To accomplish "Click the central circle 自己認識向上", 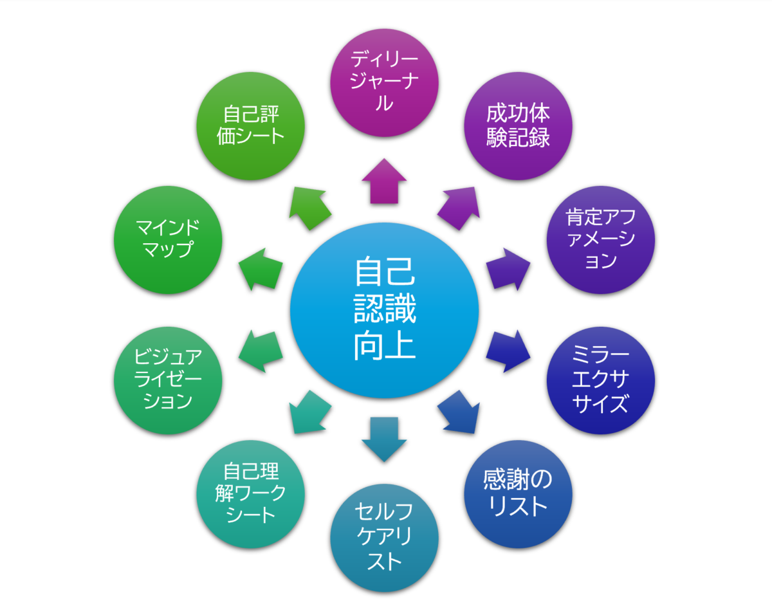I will tap(384, 311).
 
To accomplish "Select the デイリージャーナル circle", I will tap(384, 82).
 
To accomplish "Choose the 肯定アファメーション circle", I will tap(600, 240).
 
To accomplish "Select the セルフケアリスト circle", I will tap(384, 538).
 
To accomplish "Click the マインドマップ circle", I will tap(168, 240).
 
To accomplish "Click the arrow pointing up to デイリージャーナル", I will tap(384, 182).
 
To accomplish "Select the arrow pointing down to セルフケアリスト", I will tap(384, 439).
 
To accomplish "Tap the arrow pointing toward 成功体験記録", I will tap(459, 207).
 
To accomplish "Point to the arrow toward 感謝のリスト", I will tap(459, 413).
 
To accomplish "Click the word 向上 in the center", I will tap(384, 345).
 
